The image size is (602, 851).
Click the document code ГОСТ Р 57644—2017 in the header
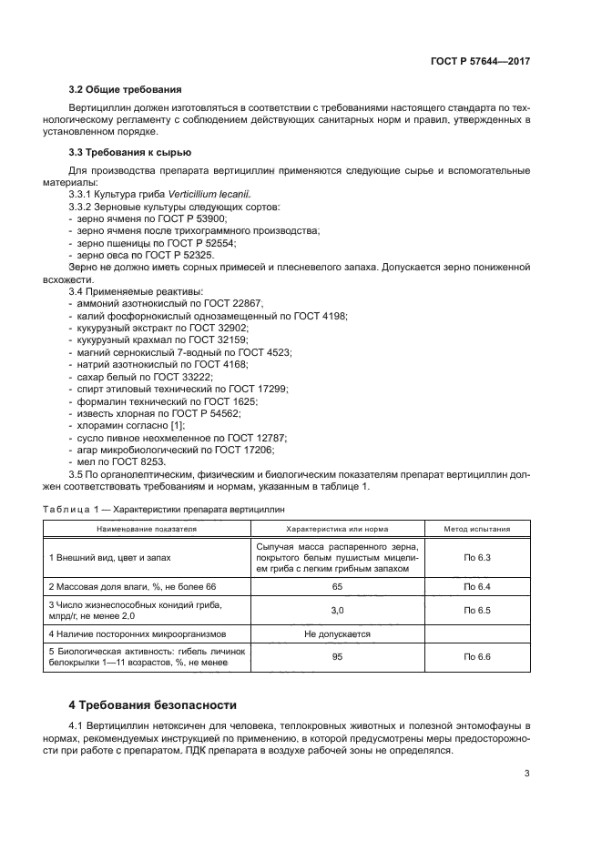(x=480, y=60)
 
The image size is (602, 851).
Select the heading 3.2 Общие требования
(x=126, y=89)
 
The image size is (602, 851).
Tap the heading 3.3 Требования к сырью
(x=130, y=151)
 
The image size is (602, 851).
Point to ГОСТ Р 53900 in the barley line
(x=194, y=219)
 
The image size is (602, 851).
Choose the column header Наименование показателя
(x=148, y=528)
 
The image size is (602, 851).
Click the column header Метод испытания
(x=477, y=528)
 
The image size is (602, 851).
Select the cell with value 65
(x=336, y=587)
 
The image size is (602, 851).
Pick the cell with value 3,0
(x=336, y=610)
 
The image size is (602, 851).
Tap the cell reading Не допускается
(x=336, y=633)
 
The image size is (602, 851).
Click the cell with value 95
(x=336, y=655)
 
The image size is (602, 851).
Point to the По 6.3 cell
(x=477, y=556)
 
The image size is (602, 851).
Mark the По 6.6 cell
(x=477, y=655)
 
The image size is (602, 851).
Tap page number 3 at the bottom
(x=527, y=775)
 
